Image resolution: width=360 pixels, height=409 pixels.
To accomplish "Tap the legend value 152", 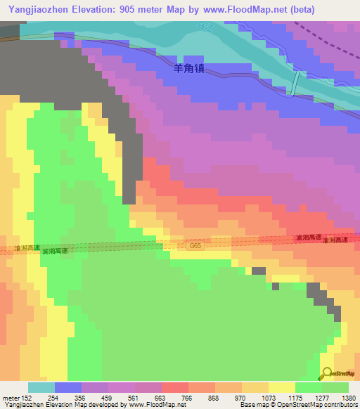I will [x=26, y=398].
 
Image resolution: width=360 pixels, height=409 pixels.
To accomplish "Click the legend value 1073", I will [x=268, y=398].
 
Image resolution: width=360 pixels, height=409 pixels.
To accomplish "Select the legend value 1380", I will [x=349, y=398].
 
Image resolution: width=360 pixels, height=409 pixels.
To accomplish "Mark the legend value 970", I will [x=240, y=398].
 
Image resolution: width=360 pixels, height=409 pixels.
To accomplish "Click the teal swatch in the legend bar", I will [x=41, y=387].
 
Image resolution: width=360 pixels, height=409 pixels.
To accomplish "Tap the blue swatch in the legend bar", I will [x=68, y=387].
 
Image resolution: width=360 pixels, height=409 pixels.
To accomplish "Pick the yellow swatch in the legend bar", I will [x=282, y=387].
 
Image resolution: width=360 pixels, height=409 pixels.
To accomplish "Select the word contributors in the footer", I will [x=340, y=405].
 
